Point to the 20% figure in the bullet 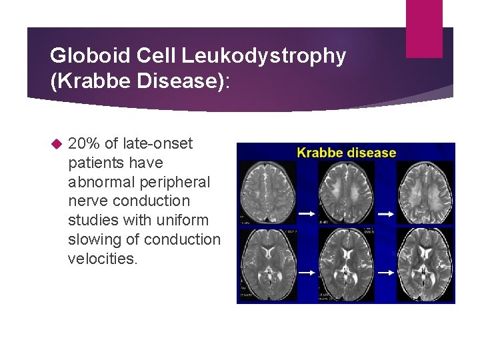84,143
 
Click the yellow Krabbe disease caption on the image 346,153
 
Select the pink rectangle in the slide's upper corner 424,28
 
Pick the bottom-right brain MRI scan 425,265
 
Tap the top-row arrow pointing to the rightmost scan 386,214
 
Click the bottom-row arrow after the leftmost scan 306,272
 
